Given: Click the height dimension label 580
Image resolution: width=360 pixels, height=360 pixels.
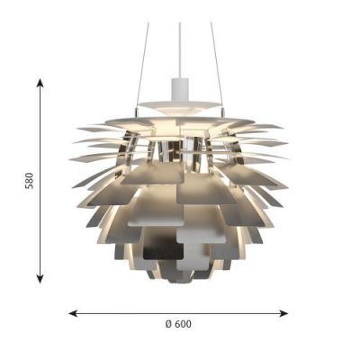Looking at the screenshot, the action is (x=30, y=180).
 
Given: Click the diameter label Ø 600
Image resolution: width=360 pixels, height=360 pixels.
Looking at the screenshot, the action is (x=178, y=324).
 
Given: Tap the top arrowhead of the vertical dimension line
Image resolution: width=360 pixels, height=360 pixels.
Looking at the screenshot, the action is (x=40, y=83).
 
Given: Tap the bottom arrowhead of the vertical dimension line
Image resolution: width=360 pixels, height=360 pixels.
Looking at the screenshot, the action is (x=40, y=279).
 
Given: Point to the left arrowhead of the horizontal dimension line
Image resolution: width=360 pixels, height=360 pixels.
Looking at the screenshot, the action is (x=73, y=313).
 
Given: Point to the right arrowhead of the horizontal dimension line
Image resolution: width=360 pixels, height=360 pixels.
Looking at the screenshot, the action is (x=283, y=313).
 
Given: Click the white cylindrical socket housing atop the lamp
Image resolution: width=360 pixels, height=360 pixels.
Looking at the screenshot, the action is (x=180, y=89).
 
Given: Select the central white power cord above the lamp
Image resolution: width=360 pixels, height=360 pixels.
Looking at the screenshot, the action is (x=180, y=50).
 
